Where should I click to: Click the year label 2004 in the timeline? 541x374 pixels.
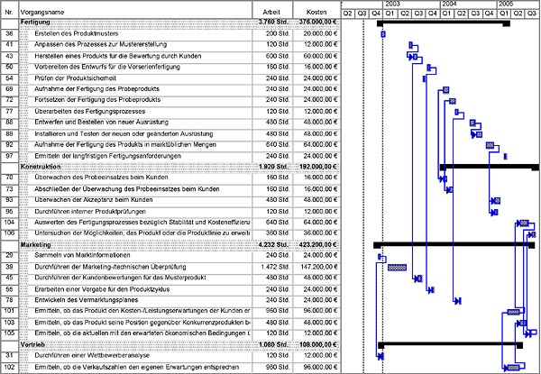(x=448, y=5)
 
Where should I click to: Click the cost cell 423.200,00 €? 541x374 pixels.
(x=317, y=244)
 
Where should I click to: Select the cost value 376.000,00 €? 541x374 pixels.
(x=317, y=21)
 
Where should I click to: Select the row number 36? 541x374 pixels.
(x=9, y=33)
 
